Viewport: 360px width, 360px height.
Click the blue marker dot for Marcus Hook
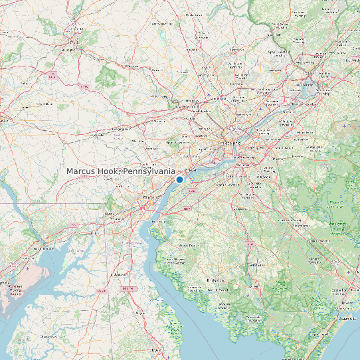[179, 179]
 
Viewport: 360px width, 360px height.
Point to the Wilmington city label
[152, 197]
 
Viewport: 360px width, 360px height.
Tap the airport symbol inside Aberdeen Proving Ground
[27, 270]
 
